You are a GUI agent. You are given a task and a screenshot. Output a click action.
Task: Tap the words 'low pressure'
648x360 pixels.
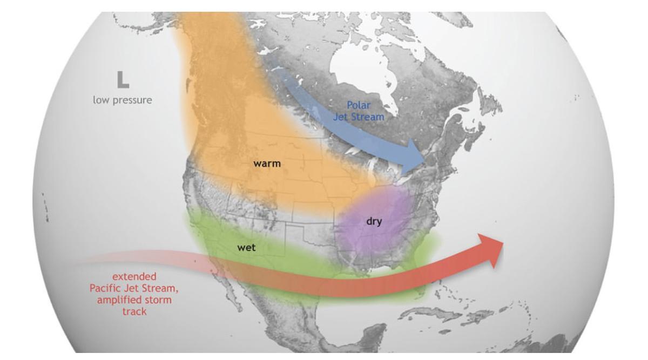(122, 100)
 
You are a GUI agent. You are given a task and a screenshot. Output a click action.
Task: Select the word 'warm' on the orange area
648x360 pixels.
(267, 163)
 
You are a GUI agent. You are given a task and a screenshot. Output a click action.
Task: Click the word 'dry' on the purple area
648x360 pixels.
(374, 221)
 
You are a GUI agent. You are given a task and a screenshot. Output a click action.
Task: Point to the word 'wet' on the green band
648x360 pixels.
(246, 248)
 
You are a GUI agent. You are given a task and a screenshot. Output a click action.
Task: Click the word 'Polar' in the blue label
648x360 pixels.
(359, 105)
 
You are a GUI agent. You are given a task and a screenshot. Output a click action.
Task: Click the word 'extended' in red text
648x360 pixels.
(135, 276)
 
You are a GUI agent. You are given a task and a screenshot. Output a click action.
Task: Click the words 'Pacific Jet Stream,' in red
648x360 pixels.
(134, 288)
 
